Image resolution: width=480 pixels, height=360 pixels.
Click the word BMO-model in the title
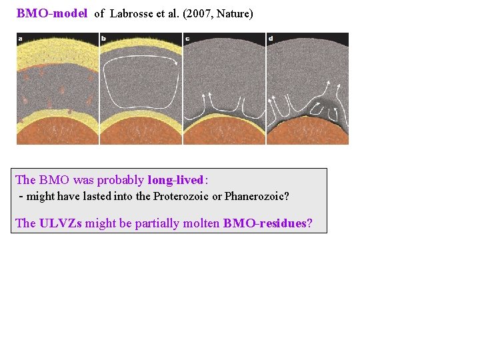(x=52, y=13)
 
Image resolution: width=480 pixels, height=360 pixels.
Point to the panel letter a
(x=21, y=39)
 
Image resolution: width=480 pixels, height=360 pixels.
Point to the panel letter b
(x=103, y=39)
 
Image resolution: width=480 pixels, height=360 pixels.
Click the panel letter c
(x=187, y=39)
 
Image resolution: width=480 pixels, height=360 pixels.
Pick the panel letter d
(x=270, y=39)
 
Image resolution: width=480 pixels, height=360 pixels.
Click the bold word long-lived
(x=175, y=180)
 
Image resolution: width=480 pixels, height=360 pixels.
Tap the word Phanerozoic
(x=257, y=197)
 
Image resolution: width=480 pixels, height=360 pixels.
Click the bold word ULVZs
(x=61, y=223)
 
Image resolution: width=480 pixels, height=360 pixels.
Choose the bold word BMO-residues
(x=265, y=223)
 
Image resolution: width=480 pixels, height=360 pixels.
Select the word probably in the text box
(x=122, y=180)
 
